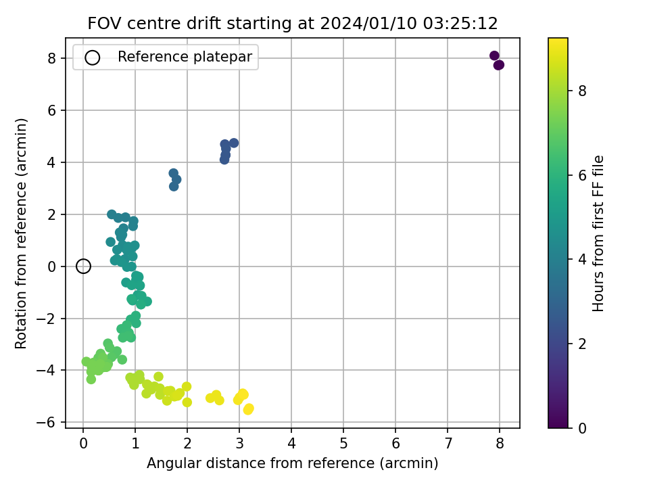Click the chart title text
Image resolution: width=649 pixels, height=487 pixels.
click(x=293, y=23)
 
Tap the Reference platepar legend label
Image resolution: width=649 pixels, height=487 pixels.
click(x=185, y=57)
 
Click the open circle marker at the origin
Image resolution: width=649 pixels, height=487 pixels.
click(x=83, y=266)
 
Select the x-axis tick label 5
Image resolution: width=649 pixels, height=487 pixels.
click(x=343, y=444)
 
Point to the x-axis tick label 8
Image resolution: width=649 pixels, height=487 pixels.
click(x=500, y=444)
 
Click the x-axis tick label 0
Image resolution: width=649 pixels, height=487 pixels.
click(x=83, y=444)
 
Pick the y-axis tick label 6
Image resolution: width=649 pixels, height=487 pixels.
click(x=52, y=110)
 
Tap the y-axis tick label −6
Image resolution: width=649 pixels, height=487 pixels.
click(x=46, y=422)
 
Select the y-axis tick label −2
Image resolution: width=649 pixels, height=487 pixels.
click(x=46, y=319)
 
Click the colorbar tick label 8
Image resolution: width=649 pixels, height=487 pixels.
click(x=582, y=91)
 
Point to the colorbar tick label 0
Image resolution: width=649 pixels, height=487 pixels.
click(x=582, y=428)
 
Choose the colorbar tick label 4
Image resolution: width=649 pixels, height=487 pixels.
click(x=582, y=259)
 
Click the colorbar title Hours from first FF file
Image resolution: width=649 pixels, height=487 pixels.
click(x=598, y=233)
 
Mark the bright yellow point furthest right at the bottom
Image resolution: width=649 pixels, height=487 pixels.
click(x=249, y=409)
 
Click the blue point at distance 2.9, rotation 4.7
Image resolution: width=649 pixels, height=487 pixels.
click(x=234, y=143)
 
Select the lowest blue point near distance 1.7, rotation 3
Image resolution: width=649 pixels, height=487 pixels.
click(x=174, y=187)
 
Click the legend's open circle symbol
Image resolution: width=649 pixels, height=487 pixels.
click(x=93, y=57)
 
